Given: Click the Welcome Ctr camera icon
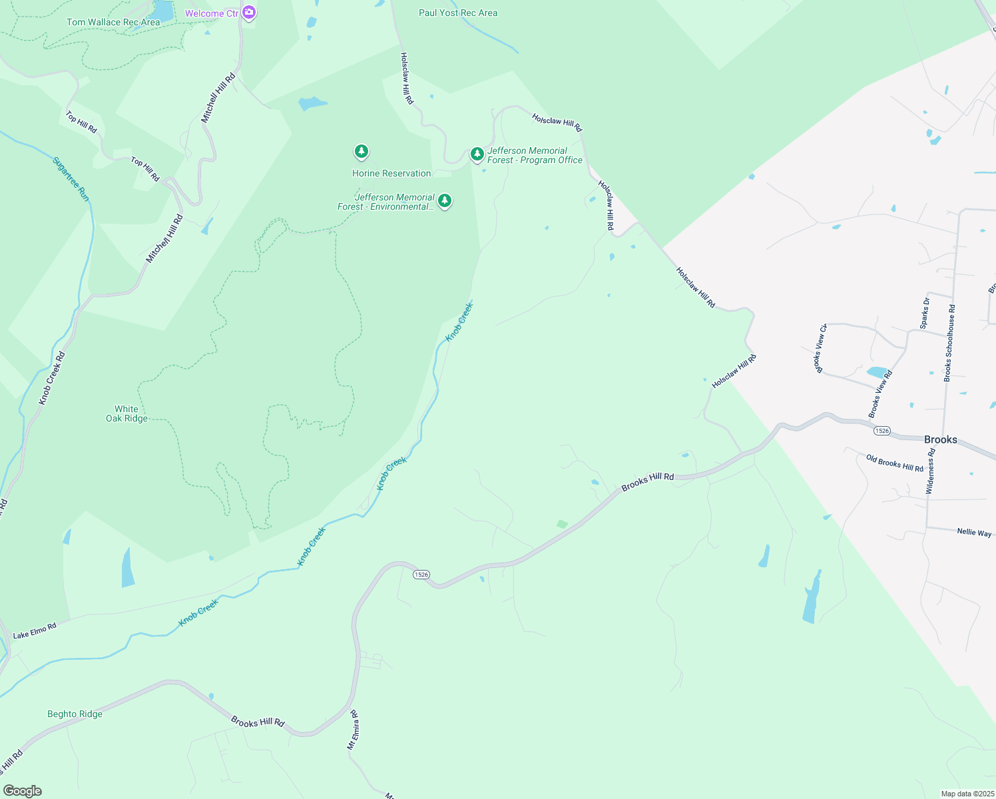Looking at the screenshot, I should (249, 12).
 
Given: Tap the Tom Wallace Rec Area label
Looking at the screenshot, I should (113, 22).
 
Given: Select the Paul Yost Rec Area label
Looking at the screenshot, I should (458, 13).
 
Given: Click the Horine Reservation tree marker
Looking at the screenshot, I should (362, 152).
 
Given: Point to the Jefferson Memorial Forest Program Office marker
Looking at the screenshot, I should (477, 154).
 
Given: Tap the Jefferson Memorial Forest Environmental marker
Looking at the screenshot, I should (445, 200).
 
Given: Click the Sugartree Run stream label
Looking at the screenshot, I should (71, 179).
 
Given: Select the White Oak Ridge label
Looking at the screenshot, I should (126, 413).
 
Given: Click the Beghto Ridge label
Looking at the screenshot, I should (75, 714).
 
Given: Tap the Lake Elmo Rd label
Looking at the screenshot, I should (35, 631).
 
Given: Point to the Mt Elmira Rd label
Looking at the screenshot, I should (353, 730).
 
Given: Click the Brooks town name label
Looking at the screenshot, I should (940, 439).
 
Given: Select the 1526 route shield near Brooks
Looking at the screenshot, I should (882, 431).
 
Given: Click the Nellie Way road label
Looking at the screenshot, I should (974, 532).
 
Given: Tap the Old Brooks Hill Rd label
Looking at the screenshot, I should (894, 463).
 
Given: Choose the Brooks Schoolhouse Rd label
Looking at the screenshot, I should (949, 343).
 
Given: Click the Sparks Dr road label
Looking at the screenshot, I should (925, 313).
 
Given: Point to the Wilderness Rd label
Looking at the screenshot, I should (931, 471).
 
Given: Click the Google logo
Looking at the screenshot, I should (22, 791).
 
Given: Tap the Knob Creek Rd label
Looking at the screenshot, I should (52, 378).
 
